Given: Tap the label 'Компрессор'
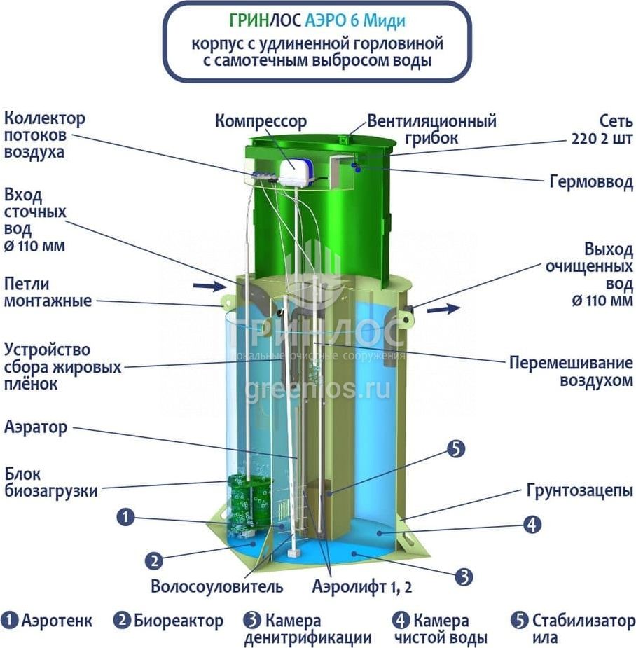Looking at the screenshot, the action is click(x=261, y=121).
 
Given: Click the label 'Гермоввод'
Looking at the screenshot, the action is click(x=591, y=182).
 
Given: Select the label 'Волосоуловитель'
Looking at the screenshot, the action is click(x=217, y=586).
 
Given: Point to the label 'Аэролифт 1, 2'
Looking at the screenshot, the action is click(x=362, y=586).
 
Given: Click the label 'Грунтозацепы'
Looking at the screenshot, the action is click(x=580, y=490).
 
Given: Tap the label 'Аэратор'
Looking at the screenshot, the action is click(x=36, y=427).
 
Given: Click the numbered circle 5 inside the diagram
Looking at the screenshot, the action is click(x=456, y=449).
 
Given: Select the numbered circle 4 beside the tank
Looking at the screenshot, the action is click(x=532, y=525).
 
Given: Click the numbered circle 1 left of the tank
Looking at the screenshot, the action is click(x=125, y=517).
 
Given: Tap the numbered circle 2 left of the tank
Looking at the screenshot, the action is click(x=154, y=561).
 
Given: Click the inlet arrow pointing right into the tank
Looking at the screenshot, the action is click(x=209, y=286).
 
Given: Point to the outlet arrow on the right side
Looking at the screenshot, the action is click(x=443, y=308).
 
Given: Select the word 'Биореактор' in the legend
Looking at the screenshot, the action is click(x=179, y=621).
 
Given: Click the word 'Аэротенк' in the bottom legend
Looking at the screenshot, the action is click(x=57, y=621).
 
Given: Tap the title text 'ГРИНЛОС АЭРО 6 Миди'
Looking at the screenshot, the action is click(x=317, y=20).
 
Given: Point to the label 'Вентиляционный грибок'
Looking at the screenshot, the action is click(x=431, y=130).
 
